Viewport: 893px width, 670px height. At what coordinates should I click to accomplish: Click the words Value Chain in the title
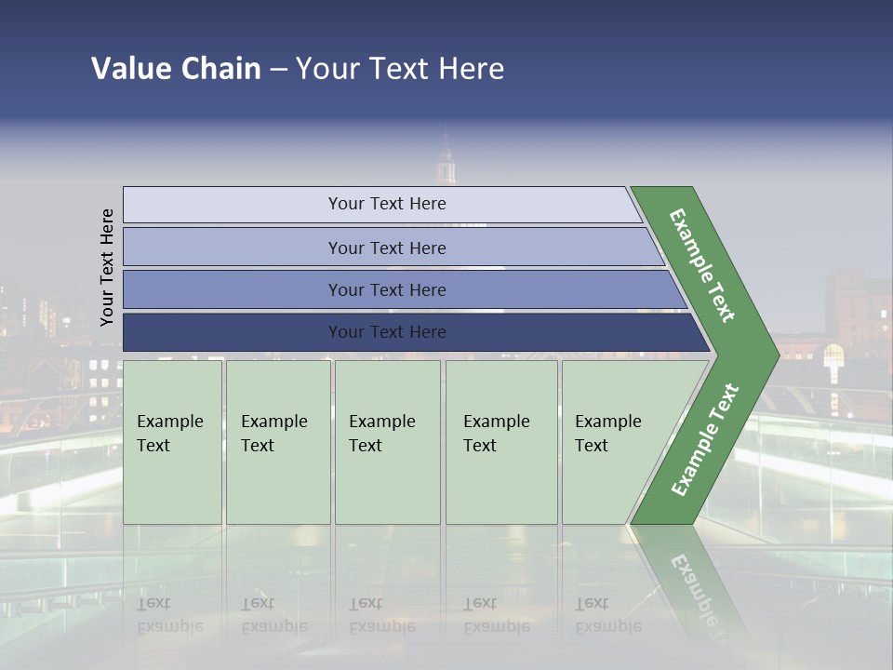coord(176,69)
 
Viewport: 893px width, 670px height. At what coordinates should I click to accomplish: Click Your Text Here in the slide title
coord(400,69)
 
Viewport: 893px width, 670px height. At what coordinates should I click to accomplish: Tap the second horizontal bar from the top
coord(386,248)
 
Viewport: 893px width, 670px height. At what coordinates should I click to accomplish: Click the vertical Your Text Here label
coord(107,267)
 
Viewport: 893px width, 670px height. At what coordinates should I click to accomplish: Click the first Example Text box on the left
coord(172,442)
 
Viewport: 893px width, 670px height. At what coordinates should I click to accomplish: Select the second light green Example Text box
coord(277,442)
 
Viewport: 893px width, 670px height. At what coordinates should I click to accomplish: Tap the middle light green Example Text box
coord(387,442)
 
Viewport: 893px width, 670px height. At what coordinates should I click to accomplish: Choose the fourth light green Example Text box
coord(500,442)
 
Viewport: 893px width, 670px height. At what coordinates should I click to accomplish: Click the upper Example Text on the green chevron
coord(702,265)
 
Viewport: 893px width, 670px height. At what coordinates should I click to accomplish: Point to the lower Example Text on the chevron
coord(705,440)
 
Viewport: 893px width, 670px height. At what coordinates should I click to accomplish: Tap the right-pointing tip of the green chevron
coord(772,355)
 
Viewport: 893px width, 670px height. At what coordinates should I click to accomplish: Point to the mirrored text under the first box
coord(169,615)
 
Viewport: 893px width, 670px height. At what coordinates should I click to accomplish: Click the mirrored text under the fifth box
coord(607,615)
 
